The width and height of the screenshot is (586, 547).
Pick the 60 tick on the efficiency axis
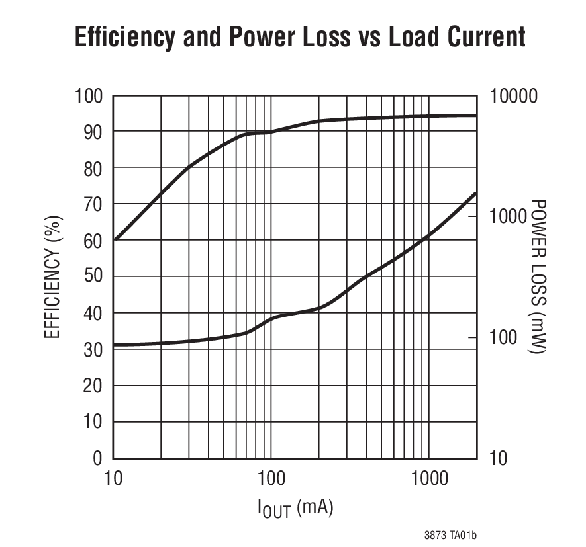coord(93,241)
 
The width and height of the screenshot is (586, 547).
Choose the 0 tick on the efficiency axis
coord(98,458)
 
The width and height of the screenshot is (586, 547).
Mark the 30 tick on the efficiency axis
coord(93,350)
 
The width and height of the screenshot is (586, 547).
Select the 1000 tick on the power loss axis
coord(510,216)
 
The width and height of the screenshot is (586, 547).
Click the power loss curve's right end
coord(476,193)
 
